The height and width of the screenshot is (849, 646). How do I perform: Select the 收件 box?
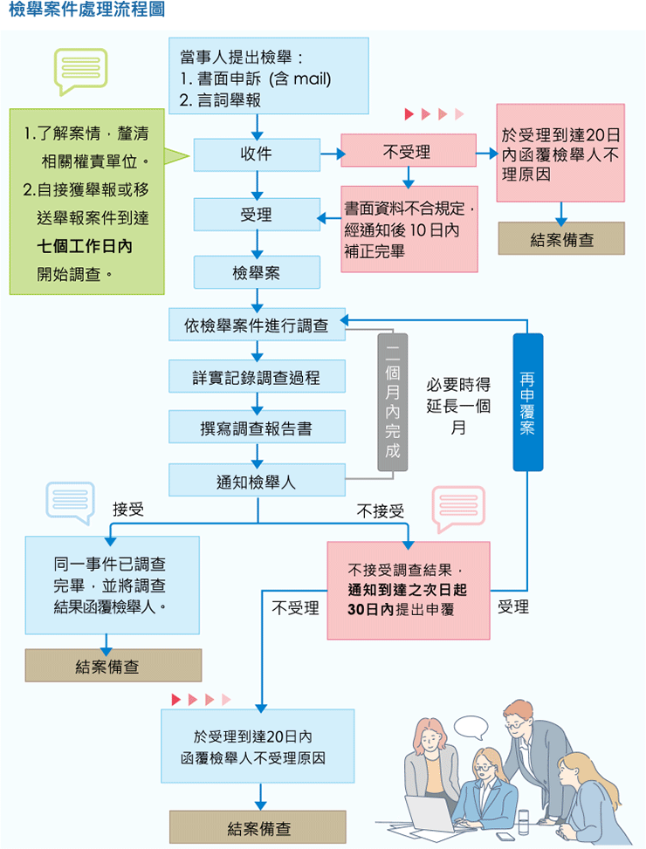point(256,154)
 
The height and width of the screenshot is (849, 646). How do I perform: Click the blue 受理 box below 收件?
point(256,215)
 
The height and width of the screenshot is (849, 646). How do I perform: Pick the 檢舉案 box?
point(256,273)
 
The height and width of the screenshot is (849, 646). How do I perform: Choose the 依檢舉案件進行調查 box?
point(257,325)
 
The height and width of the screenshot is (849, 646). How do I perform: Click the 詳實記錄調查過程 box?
point(257,378)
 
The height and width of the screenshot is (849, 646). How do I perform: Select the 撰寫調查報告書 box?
point(257,429)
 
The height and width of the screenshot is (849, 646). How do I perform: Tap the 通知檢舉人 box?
point(257,481)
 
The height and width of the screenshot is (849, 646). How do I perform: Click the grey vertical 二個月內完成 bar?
point(392,402)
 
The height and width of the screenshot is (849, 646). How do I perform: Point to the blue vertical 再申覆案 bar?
point(527,402)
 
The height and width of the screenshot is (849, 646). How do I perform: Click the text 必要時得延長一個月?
point(458,406)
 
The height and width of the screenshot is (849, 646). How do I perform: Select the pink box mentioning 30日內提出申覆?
point(408,590)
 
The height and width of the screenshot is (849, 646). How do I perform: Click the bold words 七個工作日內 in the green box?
point(85,247)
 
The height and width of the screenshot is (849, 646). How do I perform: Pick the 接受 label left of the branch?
point(128,510)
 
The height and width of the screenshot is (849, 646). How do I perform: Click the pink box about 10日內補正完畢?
point(409,229)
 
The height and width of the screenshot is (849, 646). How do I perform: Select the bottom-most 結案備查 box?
point(258,827)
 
